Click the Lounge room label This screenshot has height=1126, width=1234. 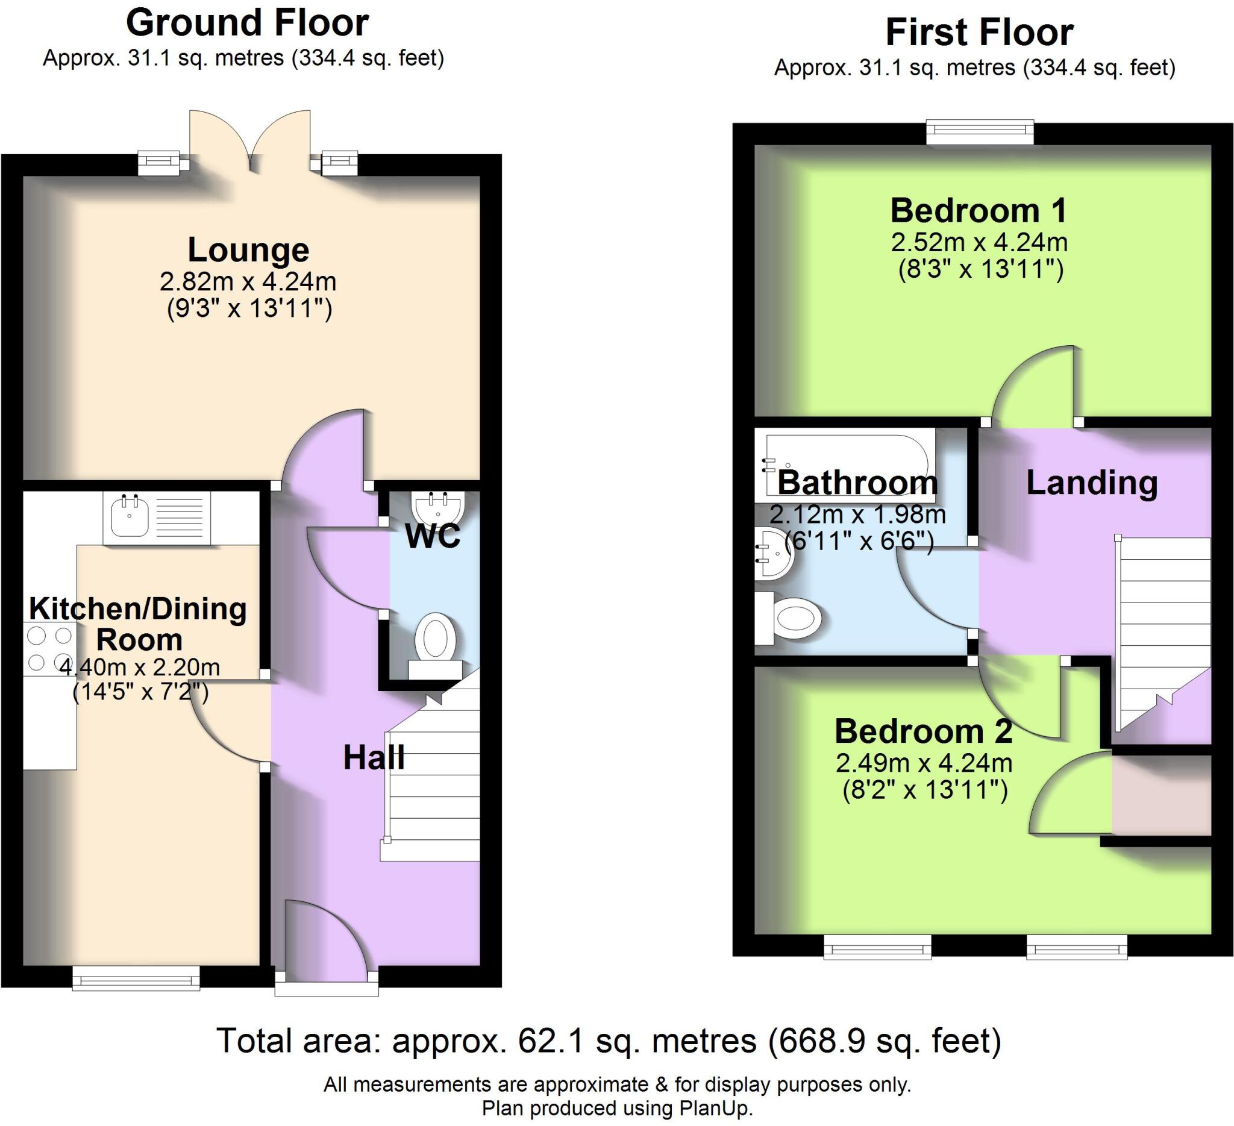click(248, 249)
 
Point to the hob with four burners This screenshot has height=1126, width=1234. click(49, 649)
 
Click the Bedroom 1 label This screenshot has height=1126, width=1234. click(978, 210)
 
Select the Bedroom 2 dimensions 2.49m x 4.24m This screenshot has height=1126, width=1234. click(924, 763)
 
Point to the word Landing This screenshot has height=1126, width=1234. click(1091, 483)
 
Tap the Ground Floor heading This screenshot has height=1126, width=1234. click(247, 23)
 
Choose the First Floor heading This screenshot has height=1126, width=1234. click(979, 33)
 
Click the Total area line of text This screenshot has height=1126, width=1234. click(609, 1040)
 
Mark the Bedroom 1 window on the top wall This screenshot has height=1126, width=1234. click(979, 131)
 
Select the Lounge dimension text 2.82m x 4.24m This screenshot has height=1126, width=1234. click(248, 282)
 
